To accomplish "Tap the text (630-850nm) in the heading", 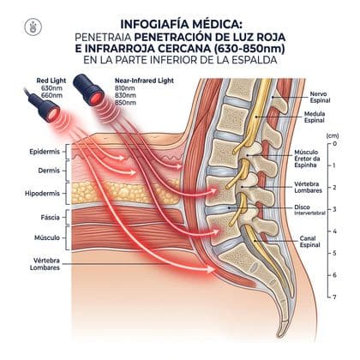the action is pos(250,49).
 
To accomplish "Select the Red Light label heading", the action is pos(51,81).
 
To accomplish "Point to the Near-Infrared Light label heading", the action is pos(144,81).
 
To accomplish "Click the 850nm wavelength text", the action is pos(125,103).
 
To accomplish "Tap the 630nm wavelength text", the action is pos(51,88).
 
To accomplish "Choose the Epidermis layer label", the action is pos(45,152).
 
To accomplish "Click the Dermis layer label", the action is pos(49,171).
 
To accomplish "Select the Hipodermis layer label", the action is pos(42,194).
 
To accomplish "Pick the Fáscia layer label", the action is pos(51,218).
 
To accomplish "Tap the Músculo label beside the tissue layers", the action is pos(47,237).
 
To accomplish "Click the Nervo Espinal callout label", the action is pos(320,97).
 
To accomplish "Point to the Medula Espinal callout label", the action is pos(315,117).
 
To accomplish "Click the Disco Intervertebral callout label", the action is pos(309,210).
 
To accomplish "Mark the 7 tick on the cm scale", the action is pos(334,297).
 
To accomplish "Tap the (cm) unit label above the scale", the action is pos(333,135).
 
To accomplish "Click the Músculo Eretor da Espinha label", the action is pos(307,159).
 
